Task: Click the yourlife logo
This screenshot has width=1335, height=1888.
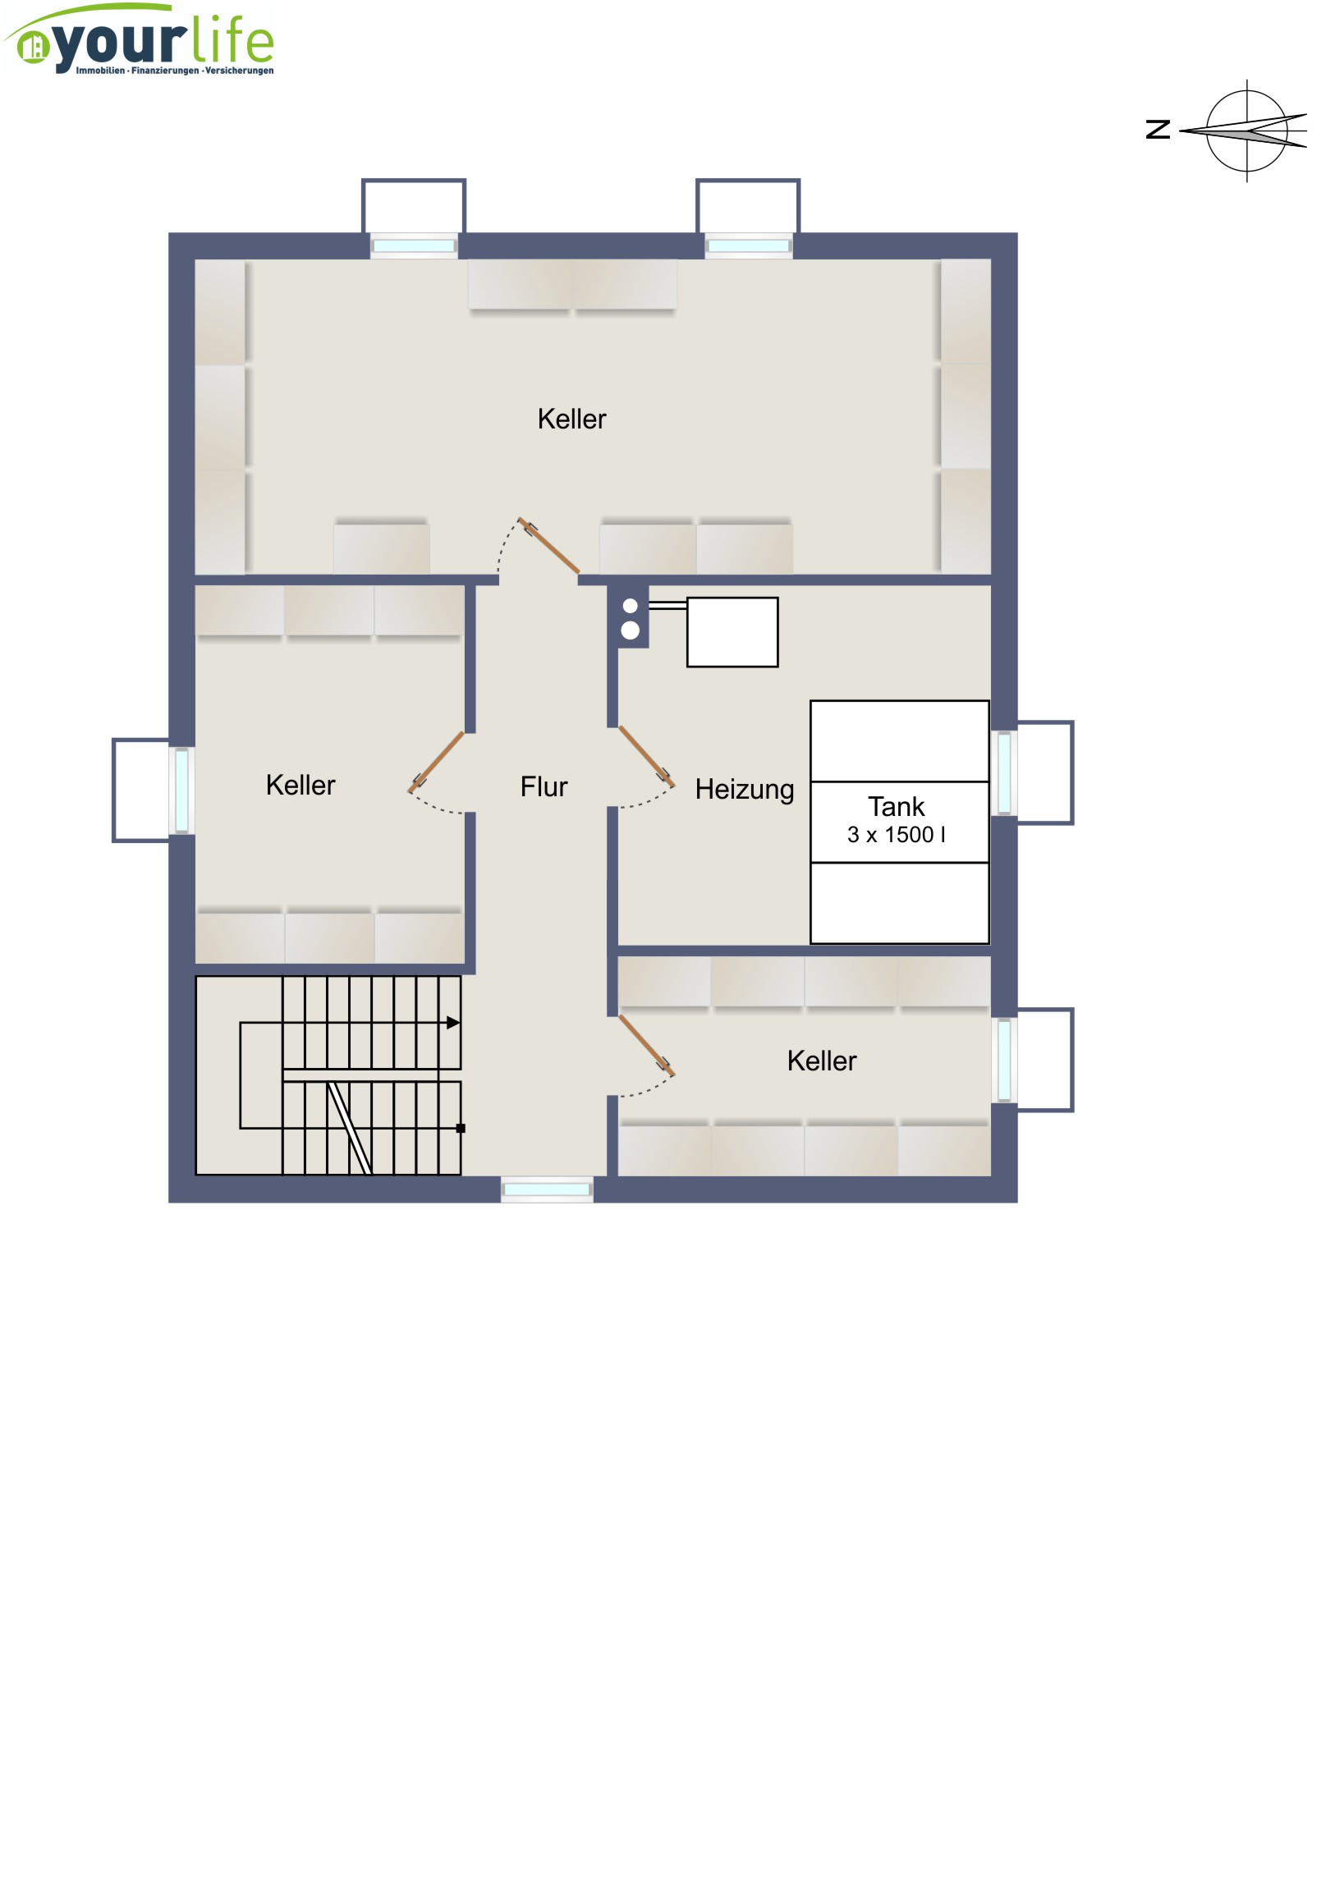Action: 139,39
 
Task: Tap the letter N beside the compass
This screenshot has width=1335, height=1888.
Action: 1158,129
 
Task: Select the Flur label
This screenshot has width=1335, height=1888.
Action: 544,787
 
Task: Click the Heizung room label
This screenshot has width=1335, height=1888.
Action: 745,790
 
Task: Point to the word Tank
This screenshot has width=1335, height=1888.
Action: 896,807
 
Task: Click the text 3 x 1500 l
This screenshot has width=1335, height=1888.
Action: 896,835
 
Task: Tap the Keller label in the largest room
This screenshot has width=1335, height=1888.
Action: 571,419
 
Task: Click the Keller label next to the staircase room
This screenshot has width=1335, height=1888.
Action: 300,786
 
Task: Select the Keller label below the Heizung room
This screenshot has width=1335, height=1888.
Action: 821,1061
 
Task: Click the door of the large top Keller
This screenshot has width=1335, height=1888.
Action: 548,545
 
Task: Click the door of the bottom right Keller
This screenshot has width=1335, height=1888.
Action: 645,1045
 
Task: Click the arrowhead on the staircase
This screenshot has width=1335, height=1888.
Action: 453,1023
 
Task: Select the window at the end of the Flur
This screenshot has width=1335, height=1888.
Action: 547,1190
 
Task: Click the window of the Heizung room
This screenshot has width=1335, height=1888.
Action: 1004,773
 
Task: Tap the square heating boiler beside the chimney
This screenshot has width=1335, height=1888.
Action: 732,632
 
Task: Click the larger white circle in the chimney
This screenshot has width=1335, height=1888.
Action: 630,630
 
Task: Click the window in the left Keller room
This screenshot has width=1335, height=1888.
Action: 181,790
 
